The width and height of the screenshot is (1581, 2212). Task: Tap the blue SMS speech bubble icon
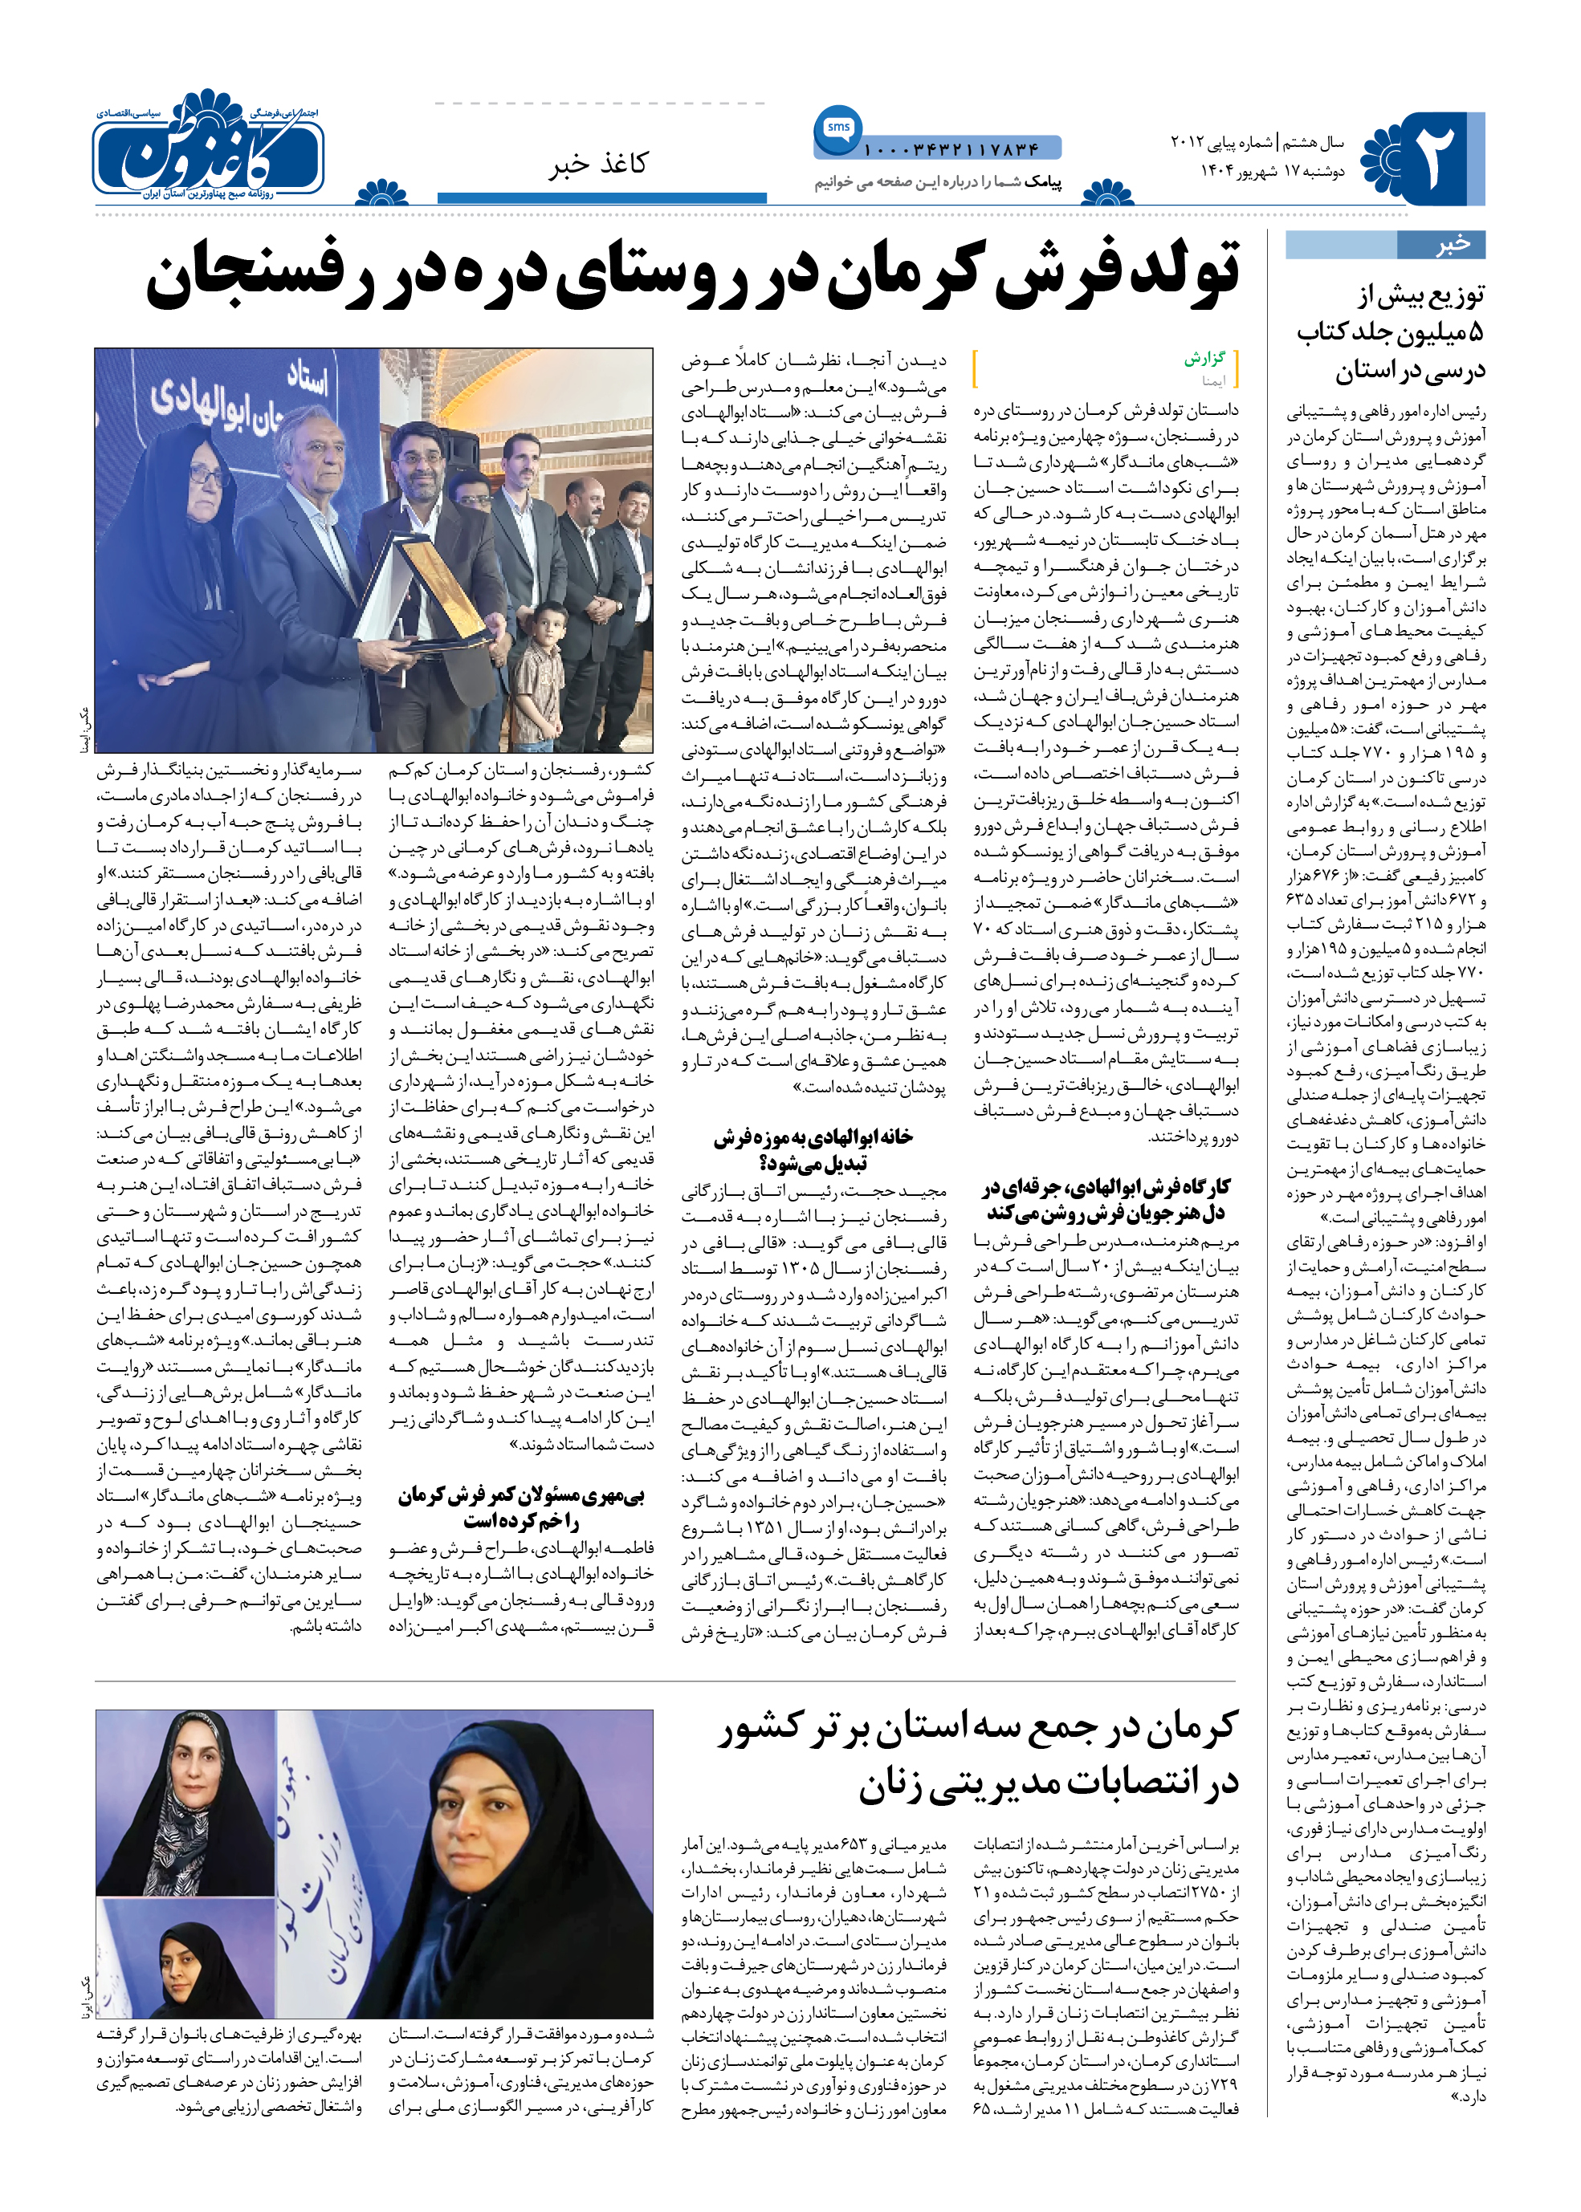[837, 128]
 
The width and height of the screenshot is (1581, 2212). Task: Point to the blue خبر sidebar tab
[1385, 244]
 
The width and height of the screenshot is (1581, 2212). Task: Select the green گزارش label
[1204, 358]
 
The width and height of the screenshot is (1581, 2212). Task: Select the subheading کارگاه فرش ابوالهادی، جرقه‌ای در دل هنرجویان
[1105, 1199]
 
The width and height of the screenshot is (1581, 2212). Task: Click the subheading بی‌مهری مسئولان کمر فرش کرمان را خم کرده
[522, 1507]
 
